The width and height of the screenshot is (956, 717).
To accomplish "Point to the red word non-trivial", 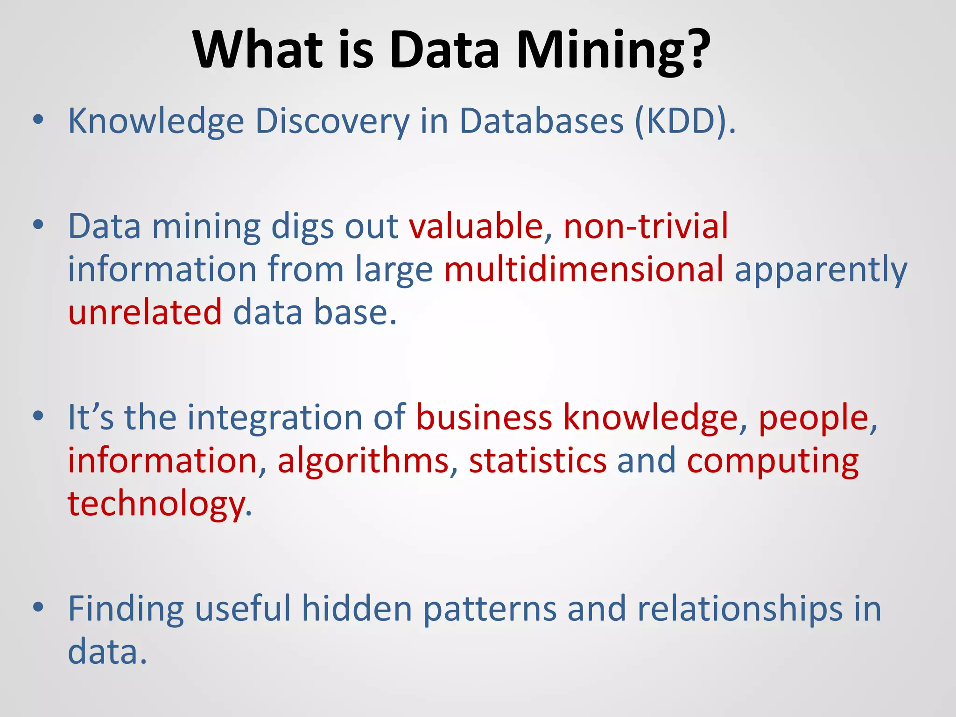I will click(646, 226).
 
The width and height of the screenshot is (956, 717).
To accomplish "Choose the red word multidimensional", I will click(583, 269).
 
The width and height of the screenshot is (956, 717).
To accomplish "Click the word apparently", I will click(821, 271).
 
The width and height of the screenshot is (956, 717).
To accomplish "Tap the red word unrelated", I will click(145, 312).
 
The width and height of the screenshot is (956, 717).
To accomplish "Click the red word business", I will click(484, 417).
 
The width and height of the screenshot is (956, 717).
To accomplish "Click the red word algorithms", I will click(363, 461).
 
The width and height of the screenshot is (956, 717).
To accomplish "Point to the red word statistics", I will click(537, 461).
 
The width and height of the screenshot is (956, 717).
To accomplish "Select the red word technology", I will click(156, 505).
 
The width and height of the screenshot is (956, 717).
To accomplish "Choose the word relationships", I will click(740, 610).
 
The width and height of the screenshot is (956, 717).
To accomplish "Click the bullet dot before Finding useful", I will click(38, 607).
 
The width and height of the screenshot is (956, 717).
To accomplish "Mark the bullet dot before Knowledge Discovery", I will click(38, 119).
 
